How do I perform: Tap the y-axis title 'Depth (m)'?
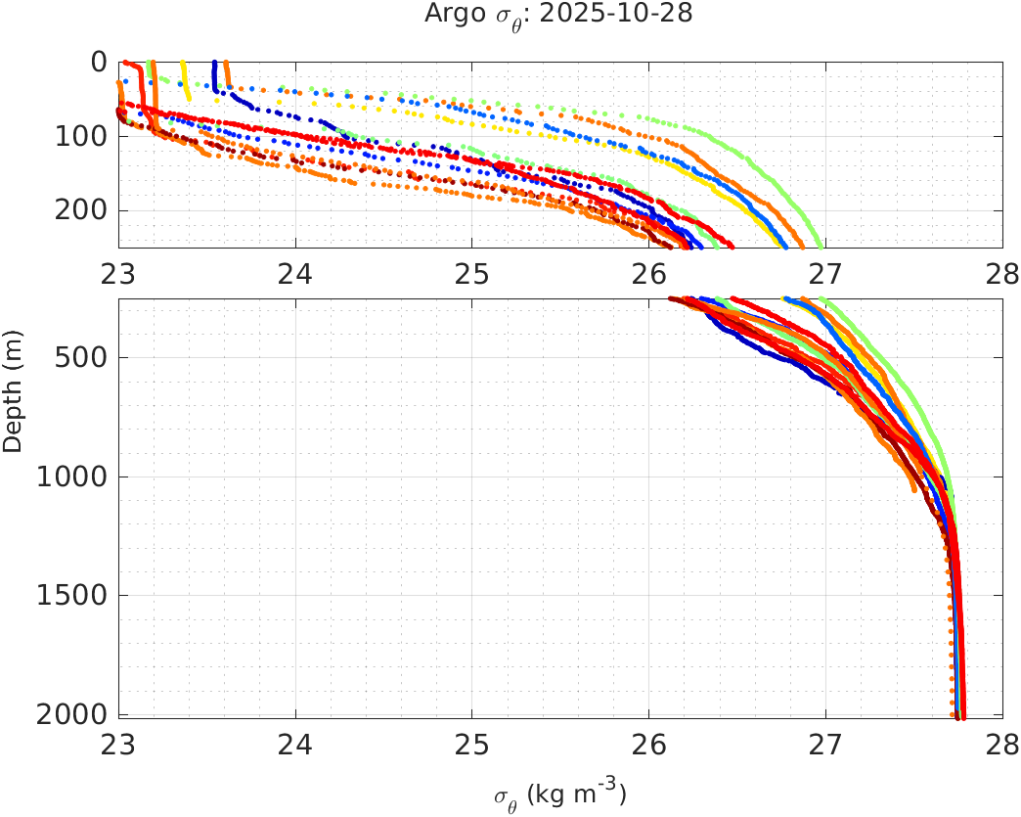(13, 405)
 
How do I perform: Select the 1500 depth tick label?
(74, 596)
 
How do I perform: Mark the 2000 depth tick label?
(74, 714)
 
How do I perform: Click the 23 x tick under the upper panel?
(119, 276)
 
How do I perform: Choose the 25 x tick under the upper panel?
(472, 276)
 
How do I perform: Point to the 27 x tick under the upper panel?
(826, 276)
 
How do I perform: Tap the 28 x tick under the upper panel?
(1002, 276)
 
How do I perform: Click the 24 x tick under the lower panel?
(295, 747)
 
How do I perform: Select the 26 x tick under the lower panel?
(649, 747)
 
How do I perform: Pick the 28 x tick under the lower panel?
(1002, 747)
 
